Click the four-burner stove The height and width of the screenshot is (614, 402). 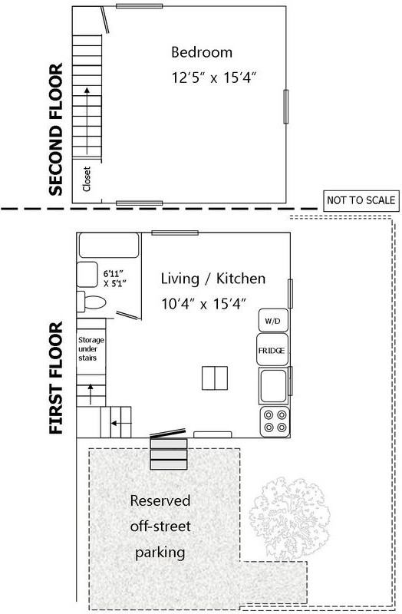pyautogui.click(x=274, y=421)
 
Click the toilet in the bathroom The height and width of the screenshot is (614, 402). pyautogui.click(x=93, y=302)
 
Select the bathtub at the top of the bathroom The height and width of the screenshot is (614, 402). pyautogui.click(x=108, y=246)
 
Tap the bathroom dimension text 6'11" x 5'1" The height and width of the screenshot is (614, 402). pyautogui.click(x=114, y=277)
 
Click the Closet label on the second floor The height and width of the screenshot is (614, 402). pyautogui.click(x=86, y=180)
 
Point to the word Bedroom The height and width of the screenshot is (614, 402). pyautogui.click(x=201, y=53)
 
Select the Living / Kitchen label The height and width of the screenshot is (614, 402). pyautogui.click(x=213, y=278)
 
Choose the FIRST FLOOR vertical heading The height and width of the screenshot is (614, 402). pyautogui.click(x=55, y=380)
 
